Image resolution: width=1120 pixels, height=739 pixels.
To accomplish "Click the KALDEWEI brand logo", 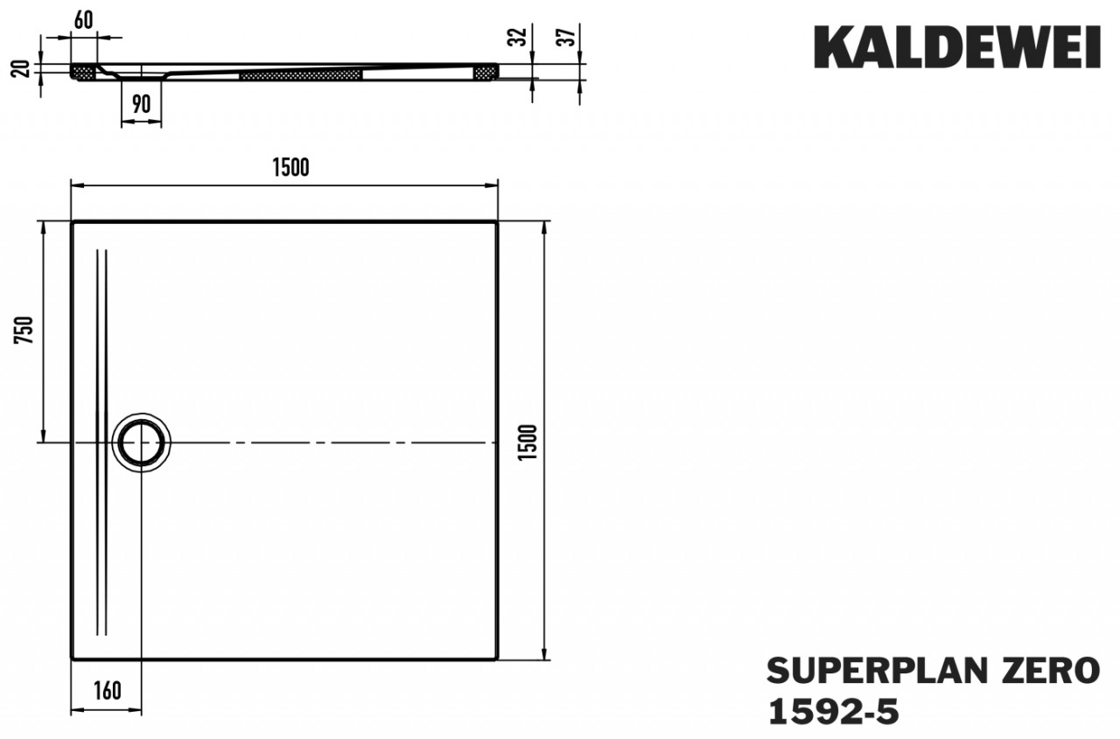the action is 957,47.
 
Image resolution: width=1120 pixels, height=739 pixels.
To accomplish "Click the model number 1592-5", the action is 833,712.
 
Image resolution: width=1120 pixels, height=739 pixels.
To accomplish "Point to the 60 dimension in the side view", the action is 83,20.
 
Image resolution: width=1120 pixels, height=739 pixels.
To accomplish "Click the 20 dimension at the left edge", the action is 20,68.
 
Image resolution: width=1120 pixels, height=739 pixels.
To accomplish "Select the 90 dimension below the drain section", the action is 141,104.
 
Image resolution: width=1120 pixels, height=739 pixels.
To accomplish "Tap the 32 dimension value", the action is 518,37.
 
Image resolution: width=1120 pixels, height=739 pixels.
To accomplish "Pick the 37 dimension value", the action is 567,37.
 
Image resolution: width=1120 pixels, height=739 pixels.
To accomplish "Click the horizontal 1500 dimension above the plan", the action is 291,167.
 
